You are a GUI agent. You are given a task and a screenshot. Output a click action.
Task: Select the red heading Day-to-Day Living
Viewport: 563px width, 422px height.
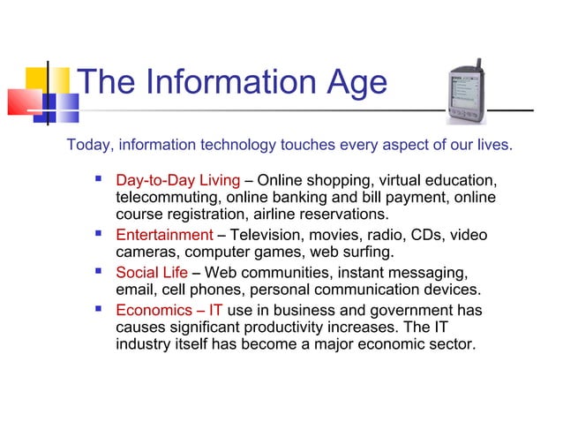(177, 181)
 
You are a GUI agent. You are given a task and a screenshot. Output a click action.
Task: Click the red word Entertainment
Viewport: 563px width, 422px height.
(164, 235)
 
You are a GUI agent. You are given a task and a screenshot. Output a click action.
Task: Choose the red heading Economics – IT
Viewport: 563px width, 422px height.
(169, 311)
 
